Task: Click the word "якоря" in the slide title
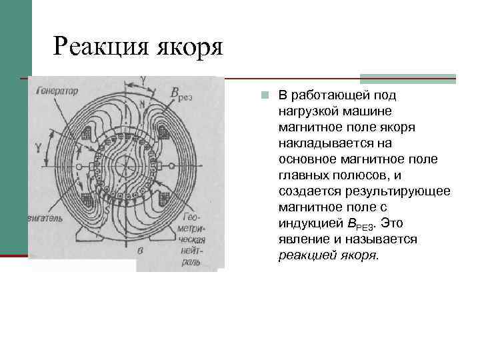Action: coord(188,47)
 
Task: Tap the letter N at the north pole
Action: coord(142,104)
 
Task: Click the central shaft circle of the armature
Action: coord(127,164)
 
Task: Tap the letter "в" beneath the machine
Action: coord(140,251)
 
